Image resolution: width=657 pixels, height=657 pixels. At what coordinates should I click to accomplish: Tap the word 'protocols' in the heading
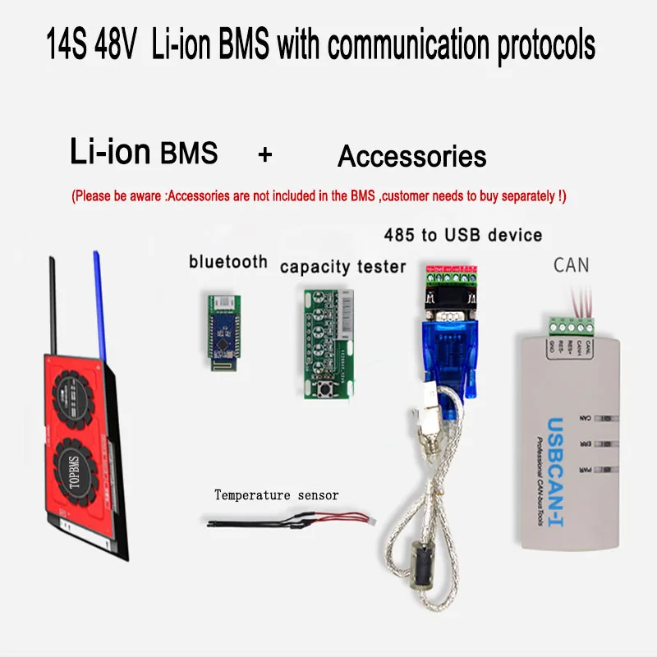[x=546, y=46]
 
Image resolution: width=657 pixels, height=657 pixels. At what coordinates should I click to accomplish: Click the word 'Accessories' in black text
[x=411, y=156]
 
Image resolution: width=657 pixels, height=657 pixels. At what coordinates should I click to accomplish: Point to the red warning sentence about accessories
[x=319, y=197]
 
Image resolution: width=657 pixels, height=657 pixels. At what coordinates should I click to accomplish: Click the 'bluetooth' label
[x=228, y=262]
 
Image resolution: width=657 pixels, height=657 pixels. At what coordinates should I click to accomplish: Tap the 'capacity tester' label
[x=342, y=267]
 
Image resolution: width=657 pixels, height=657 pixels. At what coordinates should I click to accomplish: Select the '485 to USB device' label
[x=463, y=235]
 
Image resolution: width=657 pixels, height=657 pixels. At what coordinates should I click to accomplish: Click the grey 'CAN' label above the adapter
[x=572, y=264]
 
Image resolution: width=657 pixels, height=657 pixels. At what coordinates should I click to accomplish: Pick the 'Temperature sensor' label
[x=276, y=495]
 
